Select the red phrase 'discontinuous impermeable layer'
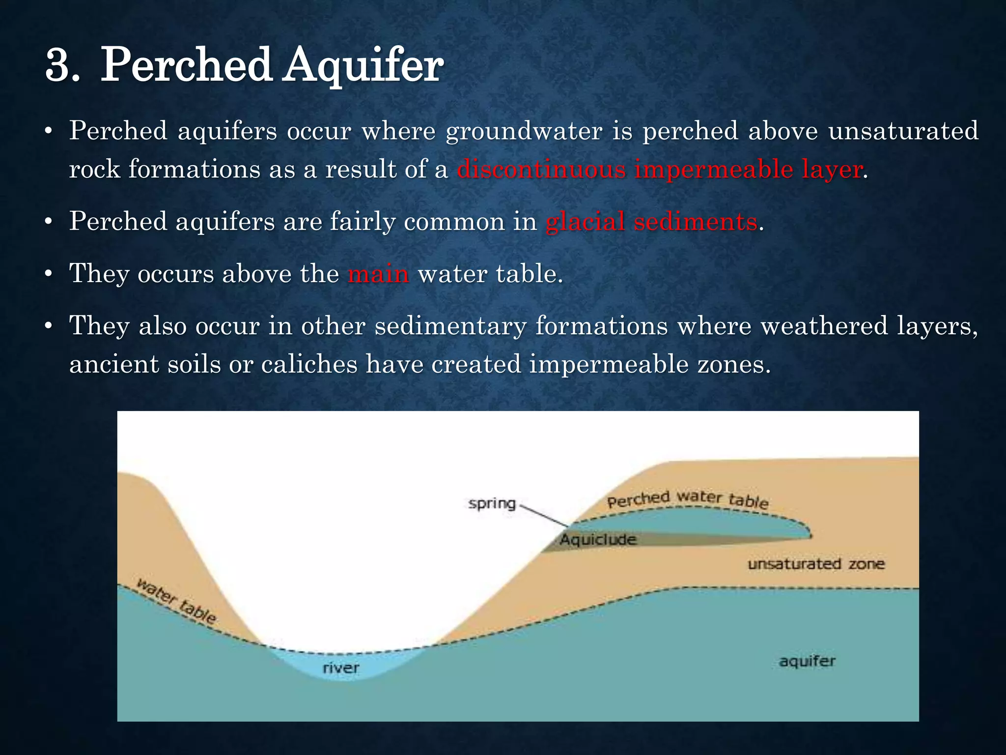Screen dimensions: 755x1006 tap(659, 170)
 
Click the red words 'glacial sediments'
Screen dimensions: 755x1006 tap(651, 222)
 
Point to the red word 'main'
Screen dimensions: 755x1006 tap(378, 274)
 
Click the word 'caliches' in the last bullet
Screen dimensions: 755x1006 tap(309, 365)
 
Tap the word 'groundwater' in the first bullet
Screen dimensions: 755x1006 tap(524, 132)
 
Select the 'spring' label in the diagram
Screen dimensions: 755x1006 tap(492, 503)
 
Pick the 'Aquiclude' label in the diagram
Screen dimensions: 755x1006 tap(598, 540)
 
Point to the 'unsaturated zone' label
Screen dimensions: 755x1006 tap(816, 564)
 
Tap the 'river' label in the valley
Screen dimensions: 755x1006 tap(341, 668)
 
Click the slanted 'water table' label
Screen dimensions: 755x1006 tap(176, 601)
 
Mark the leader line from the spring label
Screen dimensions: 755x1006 tap(543, 515)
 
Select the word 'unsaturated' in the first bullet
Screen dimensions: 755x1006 tap(903, 131)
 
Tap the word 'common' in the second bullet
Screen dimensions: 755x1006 tap(454, 222)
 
